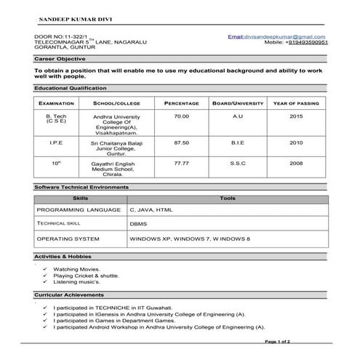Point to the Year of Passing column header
pos(296,103)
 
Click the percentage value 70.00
pos(181,116)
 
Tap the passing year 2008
pos(296,163)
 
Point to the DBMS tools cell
pos(139,224)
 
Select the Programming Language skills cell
pos(79,209)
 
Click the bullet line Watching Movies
pos(77,270)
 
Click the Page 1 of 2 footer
pos(278,341)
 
